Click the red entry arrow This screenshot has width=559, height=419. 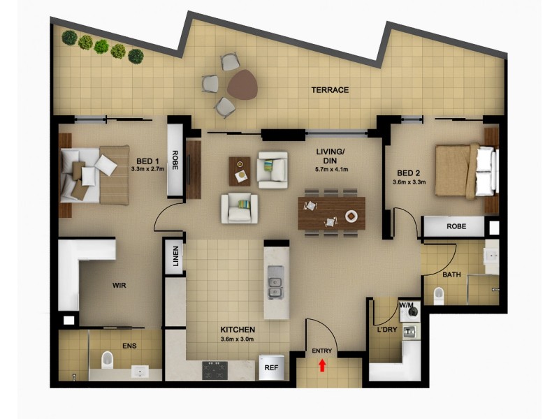[x=322, y=365]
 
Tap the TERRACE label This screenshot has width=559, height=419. [x=330, y=90]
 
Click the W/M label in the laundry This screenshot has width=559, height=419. [x=406, y=306]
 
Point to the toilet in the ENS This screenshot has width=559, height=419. [x=108, y=360]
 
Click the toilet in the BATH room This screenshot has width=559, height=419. [x=439, y=296]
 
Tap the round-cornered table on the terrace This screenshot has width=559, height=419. [x=242, y=84]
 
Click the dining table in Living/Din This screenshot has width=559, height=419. [x=331, y=213]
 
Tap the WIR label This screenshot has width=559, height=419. [x=119, y=286]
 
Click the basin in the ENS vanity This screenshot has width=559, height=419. [x=143, y=373]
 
